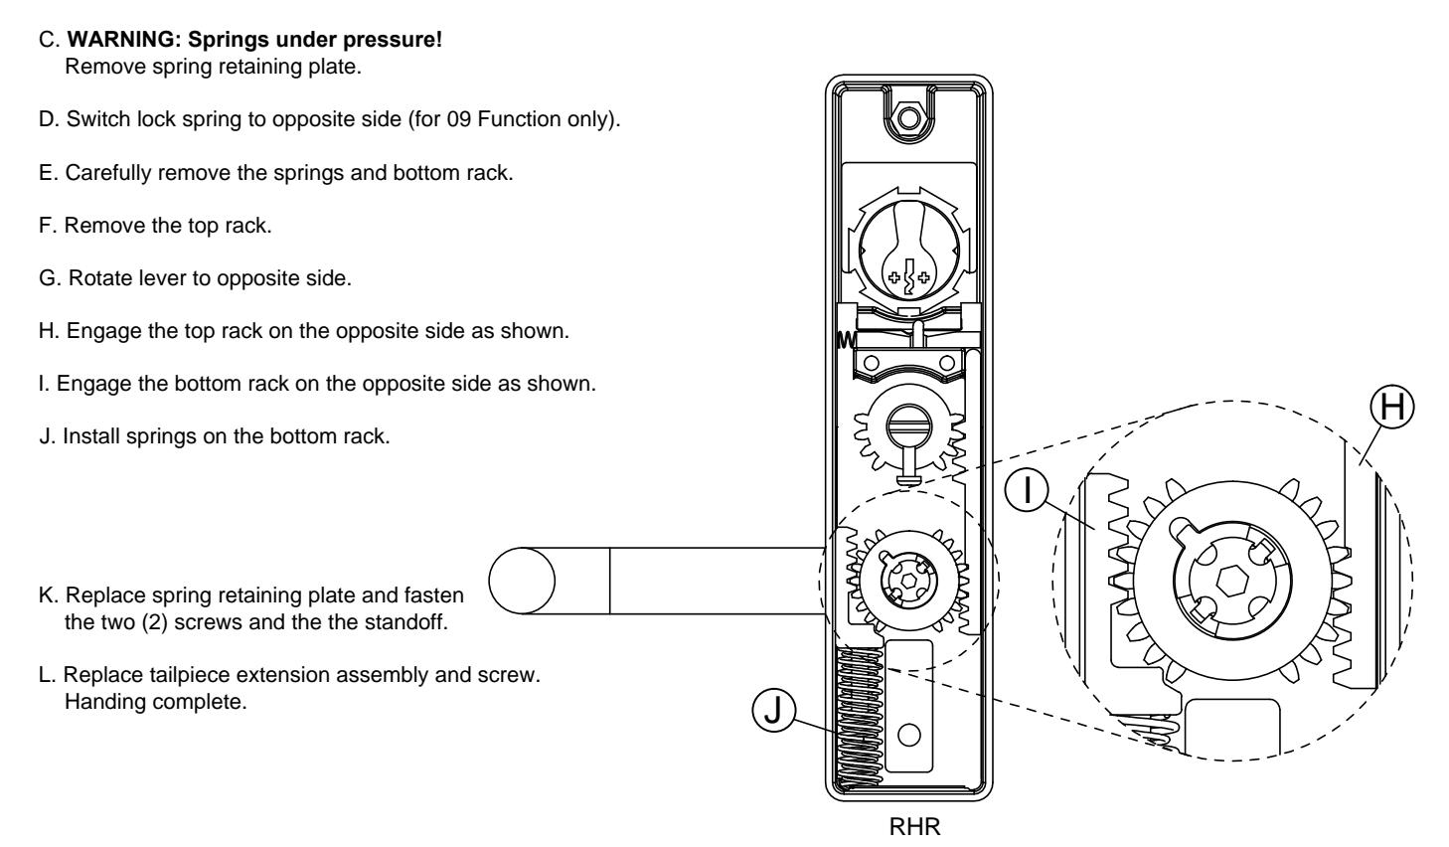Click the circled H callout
click(1392, 407)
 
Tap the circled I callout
click(1027, 489)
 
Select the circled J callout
click(773, 710)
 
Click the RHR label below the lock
click(914, 827)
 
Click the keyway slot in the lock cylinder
click(909, 277)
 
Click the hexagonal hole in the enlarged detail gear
click(1231, 581)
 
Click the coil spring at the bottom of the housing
click(860, 719)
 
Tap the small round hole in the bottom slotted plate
click(909, 736)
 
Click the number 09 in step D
click(458, 119)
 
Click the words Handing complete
click(156, 702)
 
